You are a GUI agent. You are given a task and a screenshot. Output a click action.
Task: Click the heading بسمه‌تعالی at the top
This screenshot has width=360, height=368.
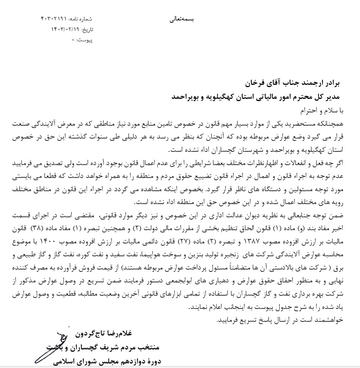(x=182, y=19)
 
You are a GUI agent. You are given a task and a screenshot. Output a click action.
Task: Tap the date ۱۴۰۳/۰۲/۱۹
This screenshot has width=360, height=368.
(x=63, y=30)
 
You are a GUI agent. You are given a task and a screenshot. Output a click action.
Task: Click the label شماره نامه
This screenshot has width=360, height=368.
(x=80, y=19)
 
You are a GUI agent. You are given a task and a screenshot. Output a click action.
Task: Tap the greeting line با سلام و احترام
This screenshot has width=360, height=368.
(x=323, y=111)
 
